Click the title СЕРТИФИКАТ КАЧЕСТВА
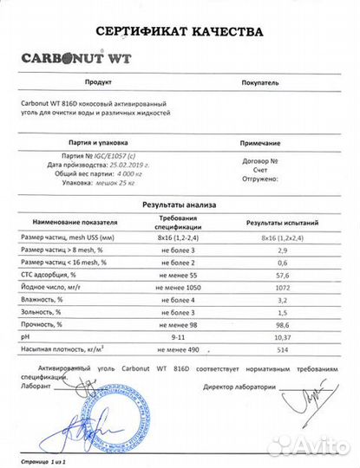[x=179, y=32]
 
